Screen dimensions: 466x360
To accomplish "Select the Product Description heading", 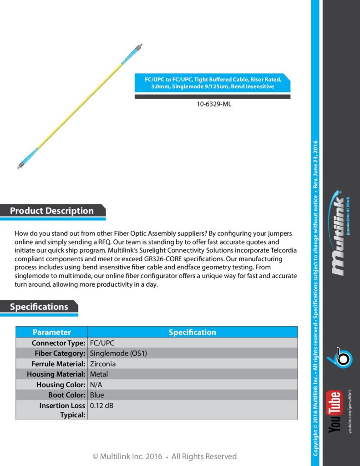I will [52, 211].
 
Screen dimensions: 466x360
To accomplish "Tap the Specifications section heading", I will [39, 307].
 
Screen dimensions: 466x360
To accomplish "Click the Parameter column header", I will [52, 332].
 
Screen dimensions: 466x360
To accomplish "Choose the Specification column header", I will [192, 332].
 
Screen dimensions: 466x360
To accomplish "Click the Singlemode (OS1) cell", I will [118, 353].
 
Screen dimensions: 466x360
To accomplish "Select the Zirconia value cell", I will [103, 364].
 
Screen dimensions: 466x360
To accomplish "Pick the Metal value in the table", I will [99, 374].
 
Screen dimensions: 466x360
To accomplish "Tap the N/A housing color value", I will [96, 385].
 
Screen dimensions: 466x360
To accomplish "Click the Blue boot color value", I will [97, 395].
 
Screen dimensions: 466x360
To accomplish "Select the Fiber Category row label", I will [60, 353].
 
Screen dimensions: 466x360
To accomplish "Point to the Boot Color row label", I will [66, 395].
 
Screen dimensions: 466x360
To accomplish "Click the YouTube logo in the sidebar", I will [336, 411].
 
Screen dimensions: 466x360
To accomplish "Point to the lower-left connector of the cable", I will [21, 164].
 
